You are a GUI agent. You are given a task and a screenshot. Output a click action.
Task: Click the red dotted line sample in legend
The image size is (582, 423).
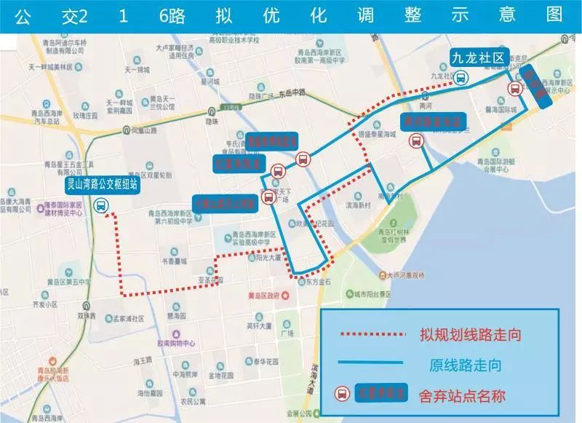371,335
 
